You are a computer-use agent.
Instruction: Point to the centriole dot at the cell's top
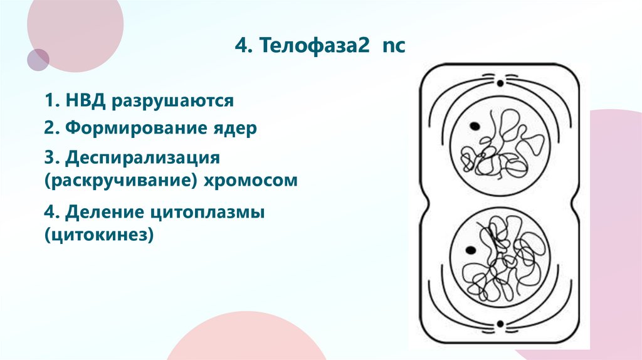(500, 82)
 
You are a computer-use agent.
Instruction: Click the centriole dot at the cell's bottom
(500, 324)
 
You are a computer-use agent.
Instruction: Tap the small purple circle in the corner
(38, 60)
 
